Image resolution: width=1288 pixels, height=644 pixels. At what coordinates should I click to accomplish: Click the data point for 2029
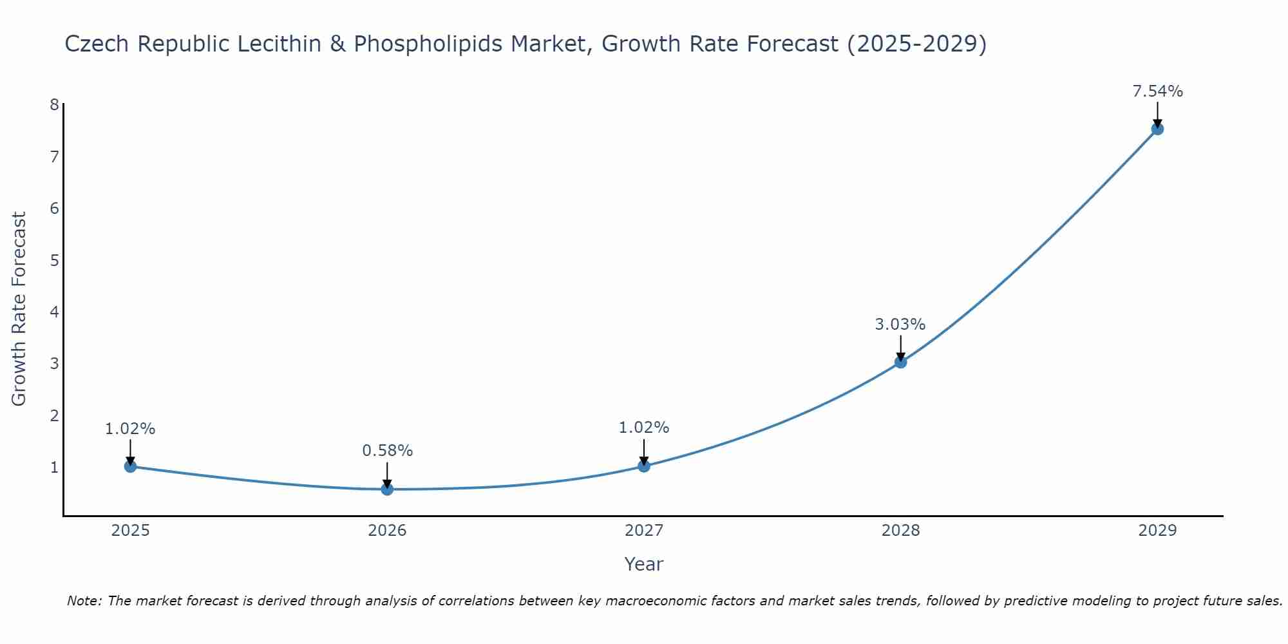point(1157,129)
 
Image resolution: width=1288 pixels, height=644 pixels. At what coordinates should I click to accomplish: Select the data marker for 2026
point(387,489)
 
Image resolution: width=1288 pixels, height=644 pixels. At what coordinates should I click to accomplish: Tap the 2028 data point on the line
point(900,362)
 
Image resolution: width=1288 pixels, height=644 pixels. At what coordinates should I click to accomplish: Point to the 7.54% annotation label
point(1157,91)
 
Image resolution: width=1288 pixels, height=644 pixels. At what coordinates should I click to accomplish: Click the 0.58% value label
point(387,451)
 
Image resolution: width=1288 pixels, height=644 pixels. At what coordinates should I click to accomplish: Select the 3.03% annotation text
point(900,325)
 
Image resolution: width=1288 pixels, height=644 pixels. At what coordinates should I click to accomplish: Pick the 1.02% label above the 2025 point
point(130,429)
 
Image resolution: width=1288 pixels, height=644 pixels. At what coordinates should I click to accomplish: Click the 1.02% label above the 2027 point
point(643,428)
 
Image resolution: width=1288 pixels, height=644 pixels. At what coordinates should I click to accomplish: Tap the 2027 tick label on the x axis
point(643,531)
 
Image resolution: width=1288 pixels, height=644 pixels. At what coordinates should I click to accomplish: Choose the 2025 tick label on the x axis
point(130,531)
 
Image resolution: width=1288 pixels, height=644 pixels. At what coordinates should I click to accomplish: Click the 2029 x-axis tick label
point(1157,531)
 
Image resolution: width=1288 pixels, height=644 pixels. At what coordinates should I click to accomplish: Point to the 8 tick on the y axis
point(54,105)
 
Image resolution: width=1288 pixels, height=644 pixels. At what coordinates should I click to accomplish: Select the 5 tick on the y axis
point(54,260)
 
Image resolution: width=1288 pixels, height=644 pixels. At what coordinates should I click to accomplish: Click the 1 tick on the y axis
point(54,467)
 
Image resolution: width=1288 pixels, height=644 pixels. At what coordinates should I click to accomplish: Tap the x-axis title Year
point(643,564)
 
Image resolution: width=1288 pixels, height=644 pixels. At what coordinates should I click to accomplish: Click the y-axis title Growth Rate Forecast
point(19,309)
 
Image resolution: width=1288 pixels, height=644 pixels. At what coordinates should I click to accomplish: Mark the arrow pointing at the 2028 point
point(900,348)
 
